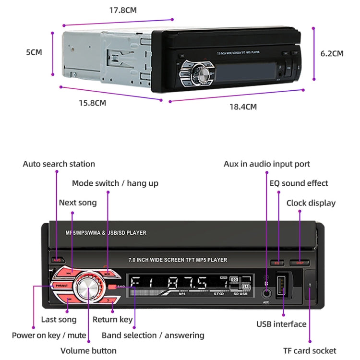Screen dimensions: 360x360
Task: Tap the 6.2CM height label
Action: coord(332,53)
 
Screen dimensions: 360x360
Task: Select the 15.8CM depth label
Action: coord(92,103)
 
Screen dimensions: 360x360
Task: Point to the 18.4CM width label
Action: coord(242,107)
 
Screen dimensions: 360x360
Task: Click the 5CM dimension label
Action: coord(34,52)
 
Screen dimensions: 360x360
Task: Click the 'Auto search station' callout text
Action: coord(59,164)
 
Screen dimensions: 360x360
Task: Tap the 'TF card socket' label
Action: coord(310,351)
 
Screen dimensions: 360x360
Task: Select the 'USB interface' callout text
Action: coord(281,324)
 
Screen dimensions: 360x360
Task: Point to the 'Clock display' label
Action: coord(311,203)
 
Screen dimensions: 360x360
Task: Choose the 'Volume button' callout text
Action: coord(88,351)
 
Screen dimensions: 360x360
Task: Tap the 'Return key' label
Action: coord(113,320)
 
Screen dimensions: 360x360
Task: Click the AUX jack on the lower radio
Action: coord(265,293)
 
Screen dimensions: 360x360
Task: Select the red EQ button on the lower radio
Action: coord(277,263)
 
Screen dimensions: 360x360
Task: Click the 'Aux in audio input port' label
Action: coord(267,164)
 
